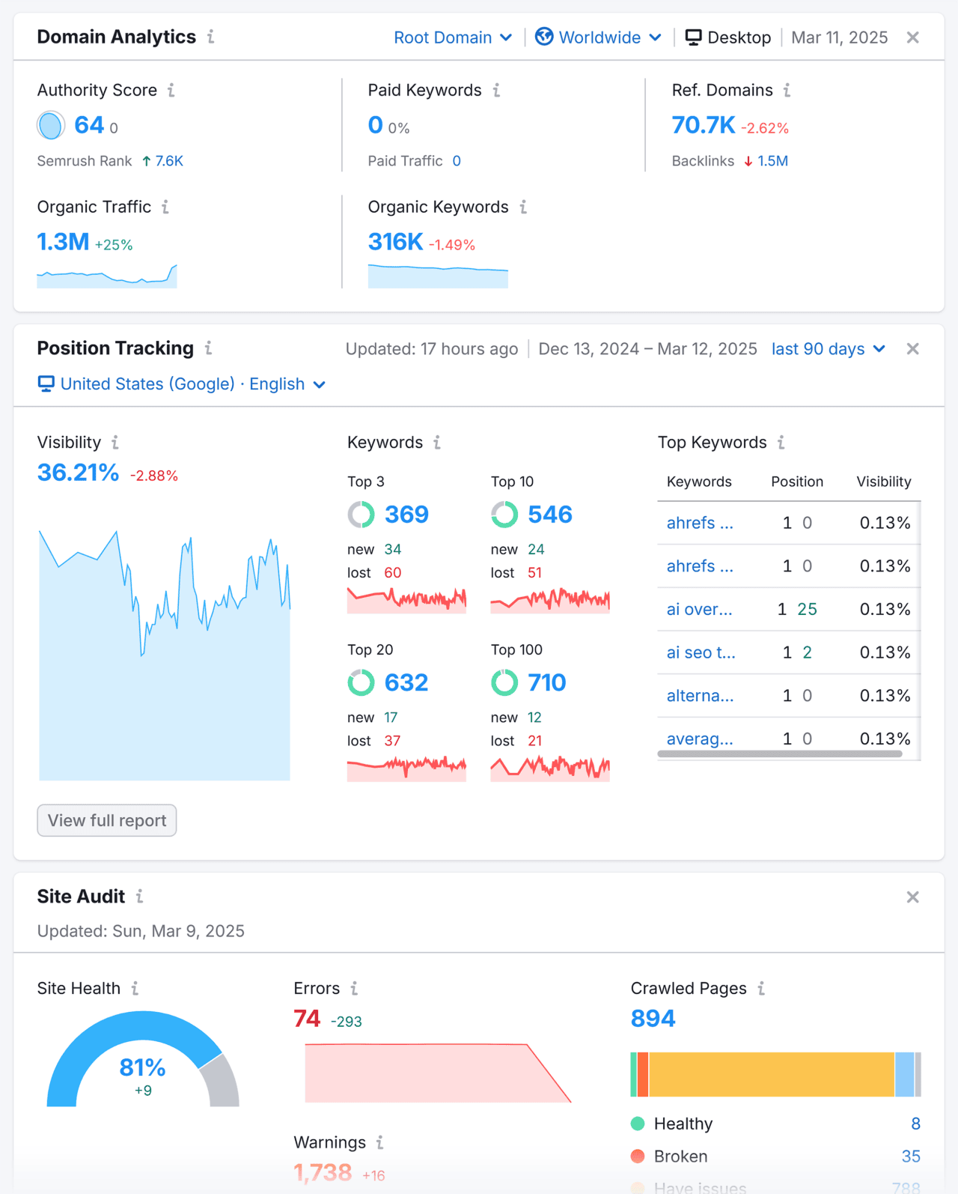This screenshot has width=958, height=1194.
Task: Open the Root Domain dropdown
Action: click(x=452, y=37)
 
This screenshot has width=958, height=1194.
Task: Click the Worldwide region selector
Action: click(x=599, y=37)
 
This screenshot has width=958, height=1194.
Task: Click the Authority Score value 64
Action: click(x=89, y=125)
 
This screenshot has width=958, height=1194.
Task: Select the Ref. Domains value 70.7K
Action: click(x=703, y=125)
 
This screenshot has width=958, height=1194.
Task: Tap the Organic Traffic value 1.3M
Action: click(x=63, y=242)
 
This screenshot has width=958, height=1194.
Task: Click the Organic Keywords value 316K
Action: click(x=395, y=242)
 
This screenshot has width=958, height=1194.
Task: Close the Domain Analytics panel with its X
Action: click(x=912, y=37)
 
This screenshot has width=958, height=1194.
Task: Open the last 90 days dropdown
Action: click(x=828, y=349)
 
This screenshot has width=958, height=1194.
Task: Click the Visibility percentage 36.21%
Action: click(x=78, y=473)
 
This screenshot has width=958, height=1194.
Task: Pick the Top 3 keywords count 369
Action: click(x=406, y=515)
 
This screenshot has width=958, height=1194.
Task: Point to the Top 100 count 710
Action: click(x=546, y=682)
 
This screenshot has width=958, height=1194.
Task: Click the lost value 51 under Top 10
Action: click(x=534, y=573)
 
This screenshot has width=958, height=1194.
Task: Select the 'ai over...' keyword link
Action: click(x=699, y=609)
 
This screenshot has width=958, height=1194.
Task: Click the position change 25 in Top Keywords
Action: click(x=807, y=609)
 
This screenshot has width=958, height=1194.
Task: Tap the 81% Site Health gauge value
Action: click(x=142, y=1067)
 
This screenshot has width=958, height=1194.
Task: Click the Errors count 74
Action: click(x=307, y=1019)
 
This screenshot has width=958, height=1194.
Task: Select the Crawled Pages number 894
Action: click(x=653, y=1019)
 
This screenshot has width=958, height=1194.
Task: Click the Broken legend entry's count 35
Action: click(x=910, y=1157)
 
